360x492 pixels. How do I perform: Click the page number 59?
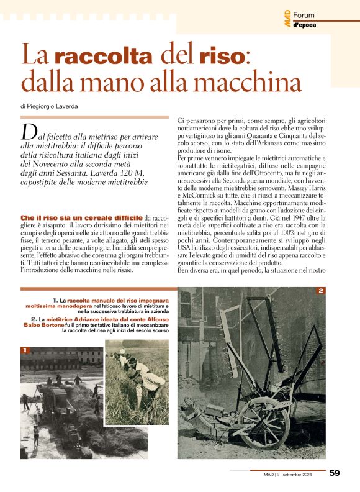(x=335, y=473)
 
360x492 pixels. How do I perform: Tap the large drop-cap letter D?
(x=27, y=132)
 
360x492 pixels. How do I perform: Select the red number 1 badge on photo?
(x=25, y=350)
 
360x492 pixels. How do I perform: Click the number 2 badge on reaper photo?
(x=321, y=291)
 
